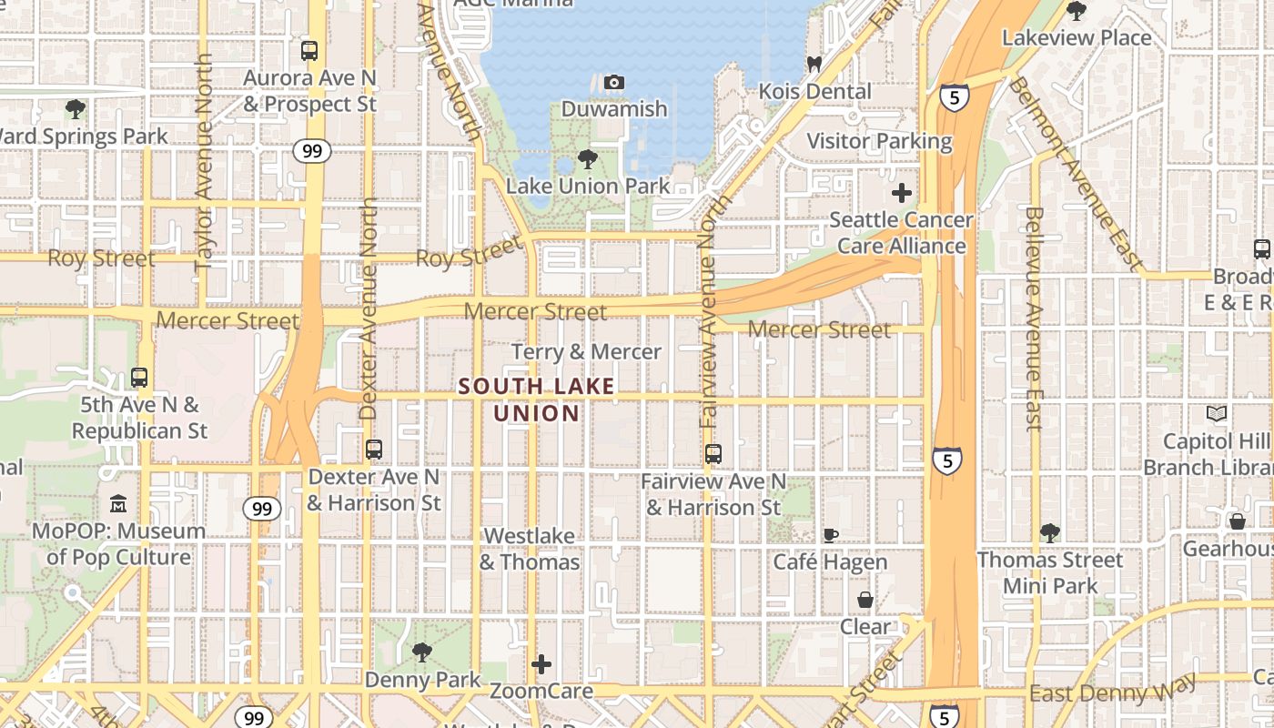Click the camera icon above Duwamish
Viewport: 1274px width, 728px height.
(x=614, y=83)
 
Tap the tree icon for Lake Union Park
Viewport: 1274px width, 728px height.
(x=588, y=159)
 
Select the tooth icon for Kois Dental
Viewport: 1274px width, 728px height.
(x=814, y=65)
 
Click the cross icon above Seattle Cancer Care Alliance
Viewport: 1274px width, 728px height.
(x=902, y=193)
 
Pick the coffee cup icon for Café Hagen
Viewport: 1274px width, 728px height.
(x=830, y=535)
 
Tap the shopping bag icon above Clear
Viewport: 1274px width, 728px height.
(x=864, y=600)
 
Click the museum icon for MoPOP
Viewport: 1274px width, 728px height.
(x=118, y=503)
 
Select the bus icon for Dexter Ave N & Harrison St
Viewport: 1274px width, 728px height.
(x=373, y=450)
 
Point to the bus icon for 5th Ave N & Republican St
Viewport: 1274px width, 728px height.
(x=139, y=377)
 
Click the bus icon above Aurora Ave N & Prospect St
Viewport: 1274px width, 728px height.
(x=309, y=51)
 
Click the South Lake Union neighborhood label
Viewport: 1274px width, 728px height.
(x=537, y=399)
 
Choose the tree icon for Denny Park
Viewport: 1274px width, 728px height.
(x=421, y=652)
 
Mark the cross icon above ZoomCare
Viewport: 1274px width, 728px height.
(x=541, y=664)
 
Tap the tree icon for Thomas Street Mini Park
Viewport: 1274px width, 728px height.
(x=1050, y=532)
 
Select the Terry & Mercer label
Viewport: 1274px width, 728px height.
(x=586, y=352)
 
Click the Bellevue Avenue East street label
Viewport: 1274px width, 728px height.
(x=1033, y=318)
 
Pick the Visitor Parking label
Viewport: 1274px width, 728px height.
(x=879, y=141)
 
